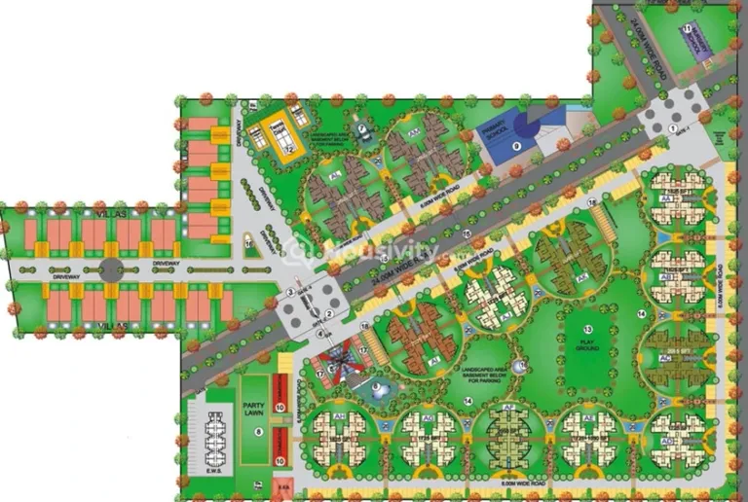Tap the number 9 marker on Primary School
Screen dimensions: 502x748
517,145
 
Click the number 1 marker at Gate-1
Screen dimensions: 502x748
673,127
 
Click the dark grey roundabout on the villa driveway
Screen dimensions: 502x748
110,265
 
